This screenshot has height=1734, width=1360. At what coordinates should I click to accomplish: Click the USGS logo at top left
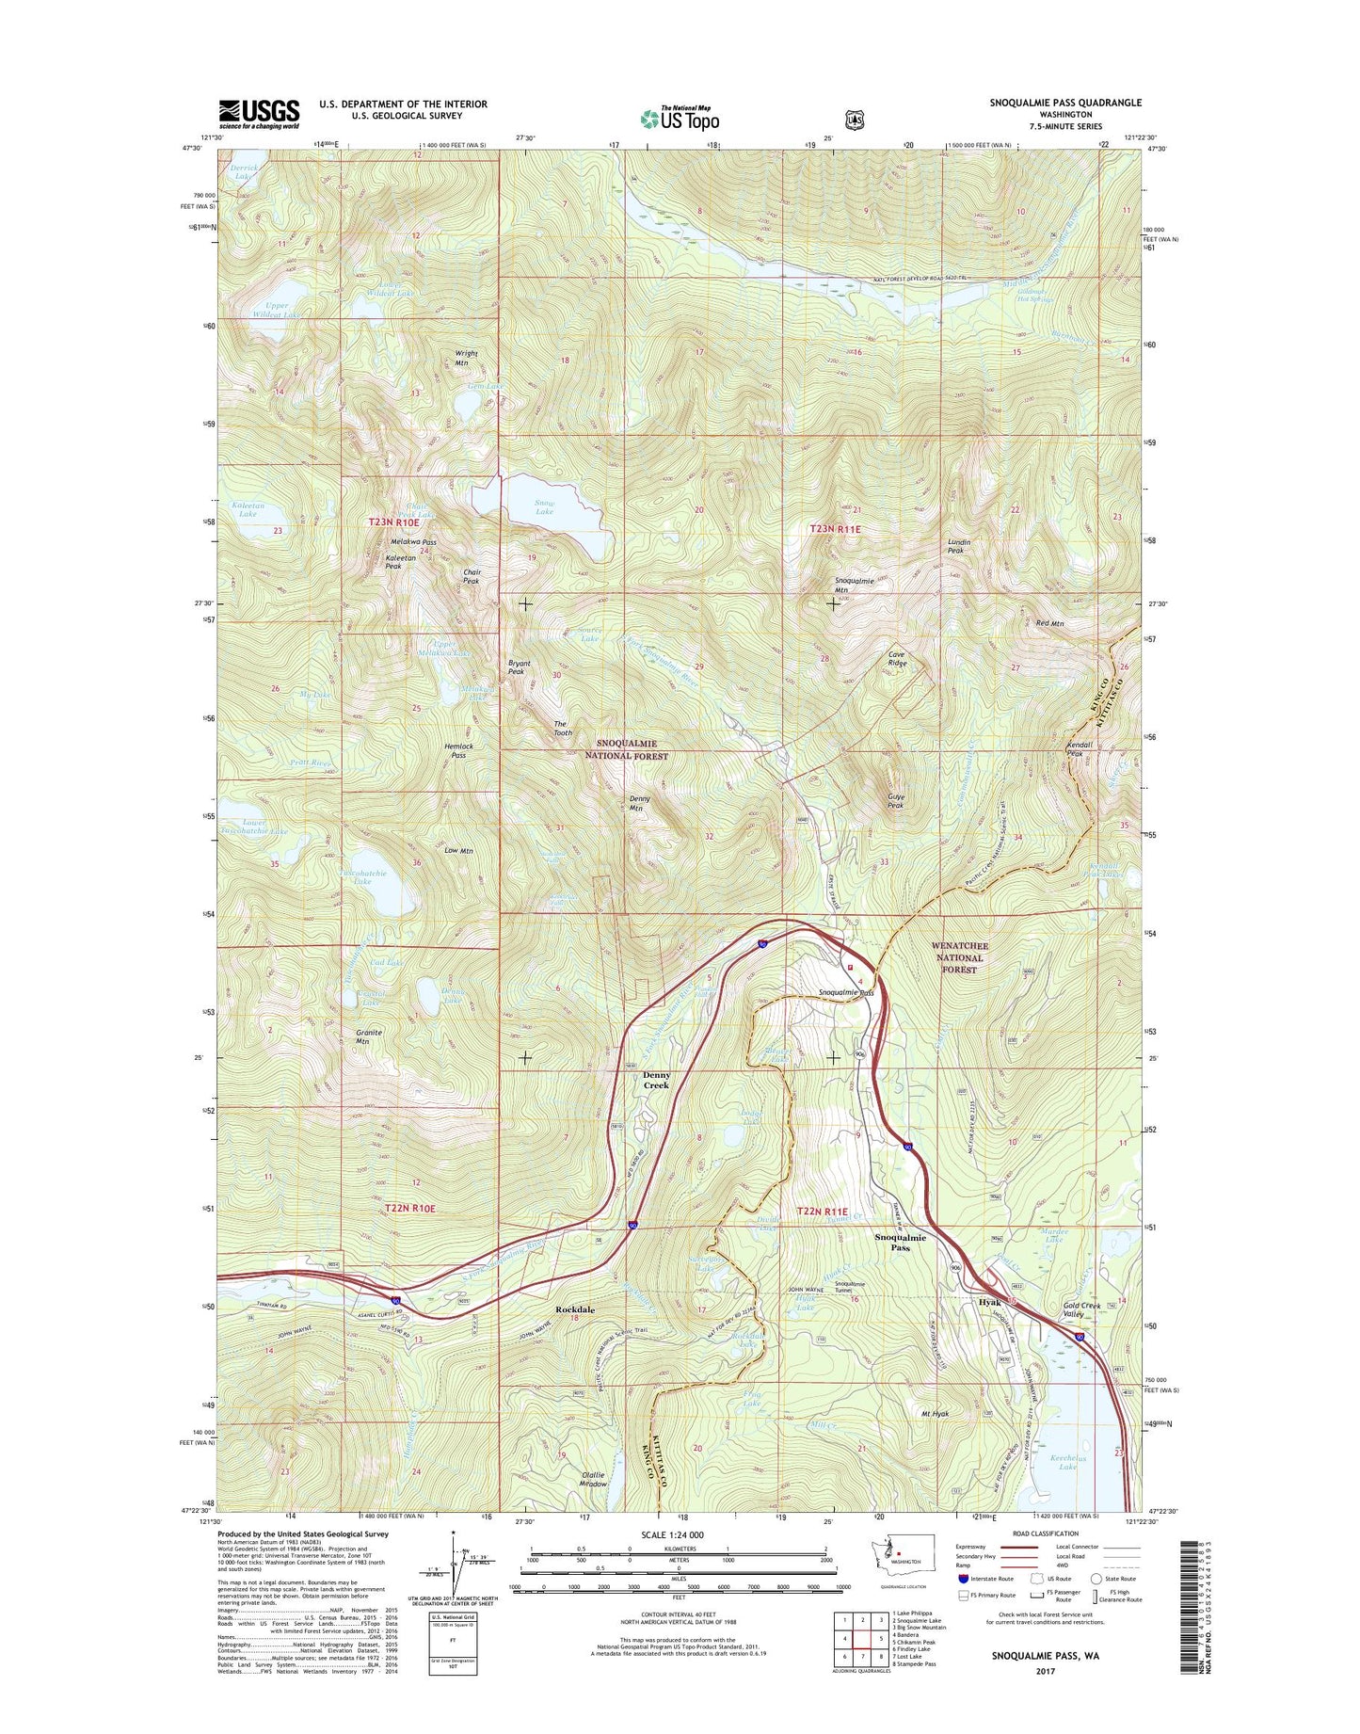point(260,113)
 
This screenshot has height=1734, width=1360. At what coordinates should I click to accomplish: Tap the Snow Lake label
point(544,507)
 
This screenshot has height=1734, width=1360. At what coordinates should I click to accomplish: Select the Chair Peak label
point(471,576)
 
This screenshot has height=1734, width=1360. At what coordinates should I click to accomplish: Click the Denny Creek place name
point(656,1080)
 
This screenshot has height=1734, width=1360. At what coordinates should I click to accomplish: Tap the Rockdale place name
point(574,1309)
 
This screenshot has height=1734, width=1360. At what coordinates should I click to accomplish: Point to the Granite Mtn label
point(369,1036)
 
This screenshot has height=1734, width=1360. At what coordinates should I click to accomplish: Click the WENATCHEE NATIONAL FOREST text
point(958,957)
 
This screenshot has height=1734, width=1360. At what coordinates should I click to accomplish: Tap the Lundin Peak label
point(959,546)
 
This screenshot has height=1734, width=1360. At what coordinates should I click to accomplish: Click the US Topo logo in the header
point(680,118)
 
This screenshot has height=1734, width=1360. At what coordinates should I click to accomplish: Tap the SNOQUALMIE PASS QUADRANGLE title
point(1065,103)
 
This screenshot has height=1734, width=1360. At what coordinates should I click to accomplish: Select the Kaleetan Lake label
point(248,509)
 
